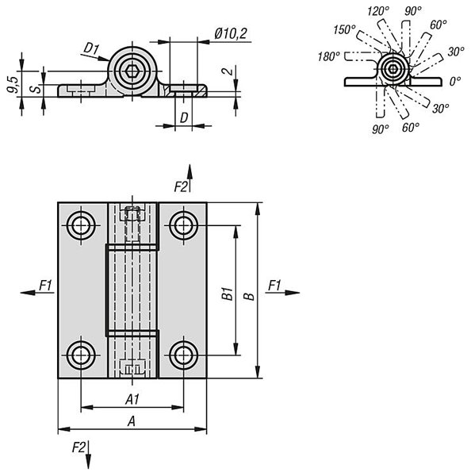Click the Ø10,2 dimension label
231,33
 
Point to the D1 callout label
91,48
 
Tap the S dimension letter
36,89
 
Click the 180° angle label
328,56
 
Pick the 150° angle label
344,30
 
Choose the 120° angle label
378,12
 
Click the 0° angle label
455,81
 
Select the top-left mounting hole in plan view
81,225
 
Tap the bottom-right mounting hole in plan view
184,355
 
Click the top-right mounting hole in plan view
184,225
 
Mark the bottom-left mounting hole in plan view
81,355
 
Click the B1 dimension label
228,294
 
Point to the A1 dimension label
132,400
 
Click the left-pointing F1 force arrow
37,293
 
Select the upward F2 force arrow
190,178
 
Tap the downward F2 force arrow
88,455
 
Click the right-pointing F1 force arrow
282,293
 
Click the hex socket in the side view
132,71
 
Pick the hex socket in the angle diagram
393,69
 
